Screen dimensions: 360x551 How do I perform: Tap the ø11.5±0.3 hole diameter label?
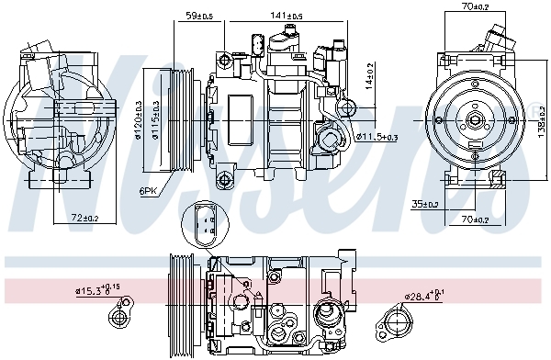tap(377, 137)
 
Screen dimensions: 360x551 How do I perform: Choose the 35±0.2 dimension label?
tap(424, 204)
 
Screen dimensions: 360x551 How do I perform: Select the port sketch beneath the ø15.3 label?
tap(118, 318)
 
